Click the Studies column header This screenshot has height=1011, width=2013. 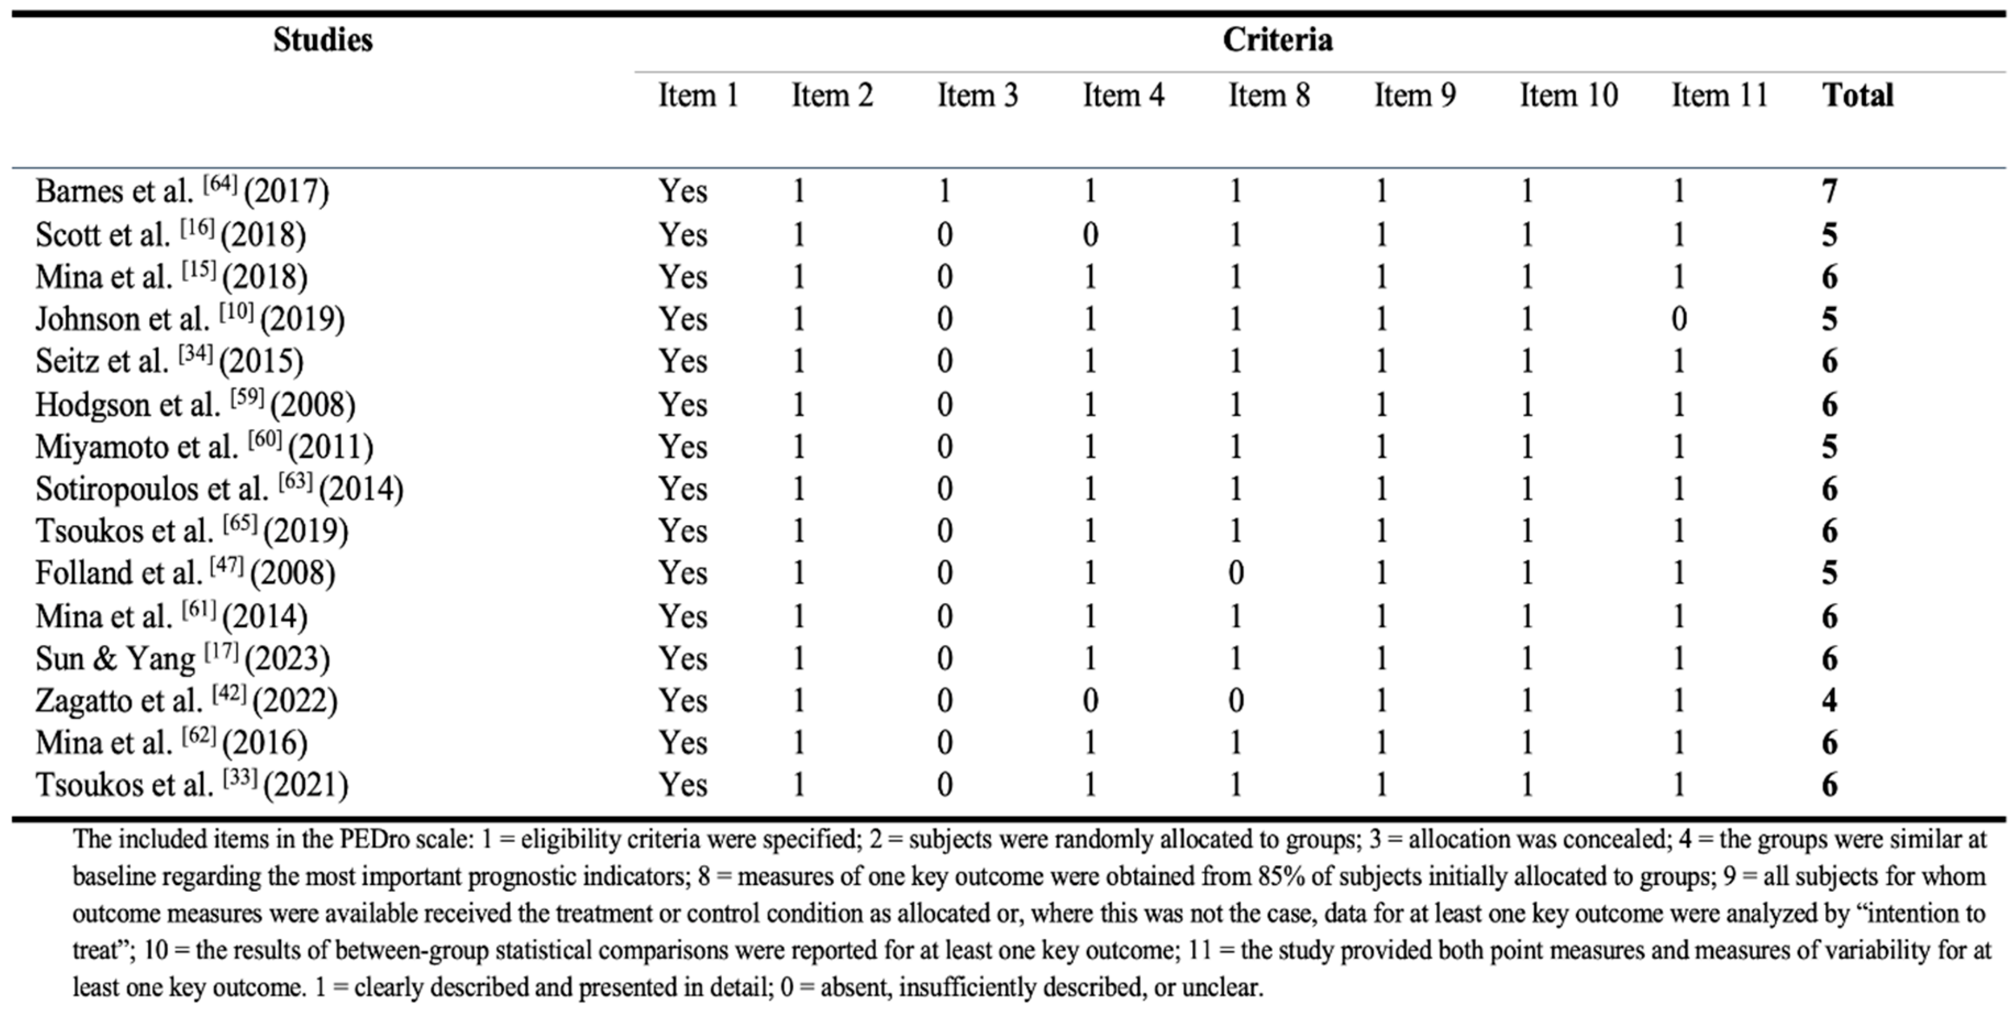[x=323, y=40]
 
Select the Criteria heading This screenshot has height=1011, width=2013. [x=1277, y=40]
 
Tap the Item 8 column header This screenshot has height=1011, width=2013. [x=1268, y=96]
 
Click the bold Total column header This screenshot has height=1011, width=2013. [x=1857, y=96]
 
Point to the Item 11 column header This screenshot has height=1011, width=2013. [x=1719, y=96]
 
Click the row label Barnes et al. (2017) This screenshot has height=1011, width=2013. [x=182, y=191]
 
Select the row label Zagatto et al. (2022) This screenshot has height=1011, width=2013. [x=186, y=700]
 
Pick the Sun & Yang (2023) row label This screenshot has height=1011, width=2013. [x=182, y=659]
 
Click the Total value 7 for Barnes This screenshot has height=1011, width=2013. [x=1829, y=191]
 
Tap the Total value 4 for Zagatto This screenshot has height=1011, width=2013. [x=1829, y=700]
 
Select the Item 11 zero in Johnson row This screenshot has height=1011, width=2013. [x=1678, y=319]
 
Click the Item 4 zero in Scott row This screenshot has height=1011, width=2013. [x=1090, y=235]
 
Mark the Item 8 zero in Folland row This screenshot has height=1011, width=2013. [x=1235, y=573]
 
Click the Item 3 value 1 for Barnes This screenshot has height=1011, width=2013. [x=944, y=191]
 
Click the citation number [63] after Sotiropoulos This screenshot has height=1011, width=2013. [x=296, y=480]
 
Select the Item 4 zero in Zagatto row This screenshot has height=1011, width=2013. [x=1090, y=700]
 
